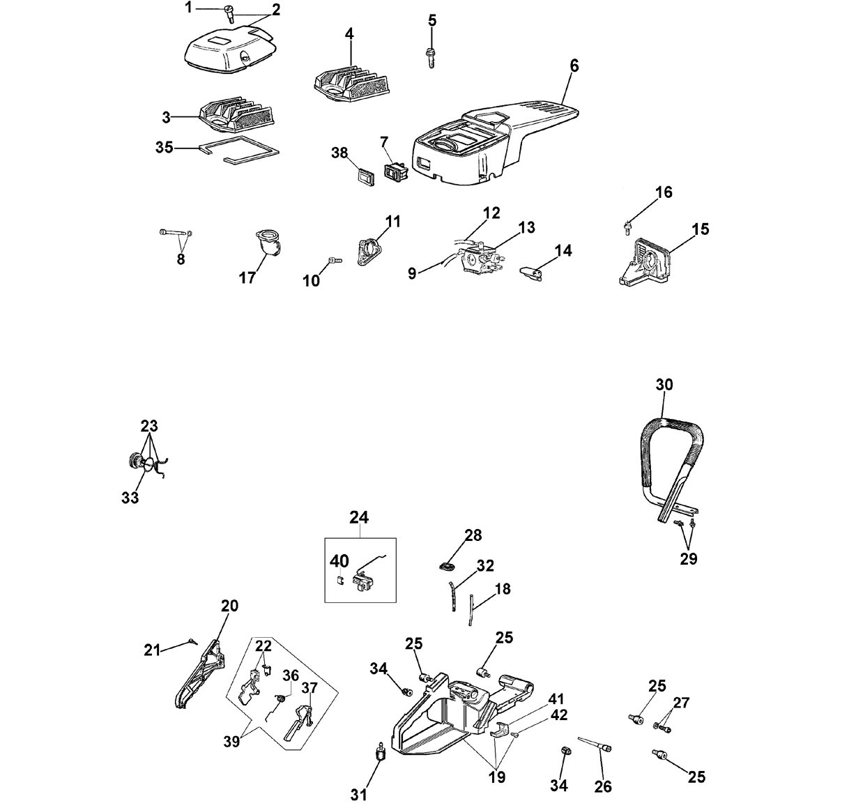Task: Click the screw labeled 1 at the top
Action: coord(229,14)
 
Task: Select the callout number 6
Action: coord(574,66)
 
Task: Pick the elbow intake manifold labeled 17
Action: coord(268,244)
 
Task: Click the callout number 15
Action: coord(700,229)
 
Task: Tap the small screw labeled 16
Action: coord(627,227)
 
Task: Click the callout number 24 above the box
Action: coord(359,517)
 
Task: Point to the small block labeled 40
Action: coord(341,581)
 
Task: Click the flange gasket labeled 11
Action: coord(369,252)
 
